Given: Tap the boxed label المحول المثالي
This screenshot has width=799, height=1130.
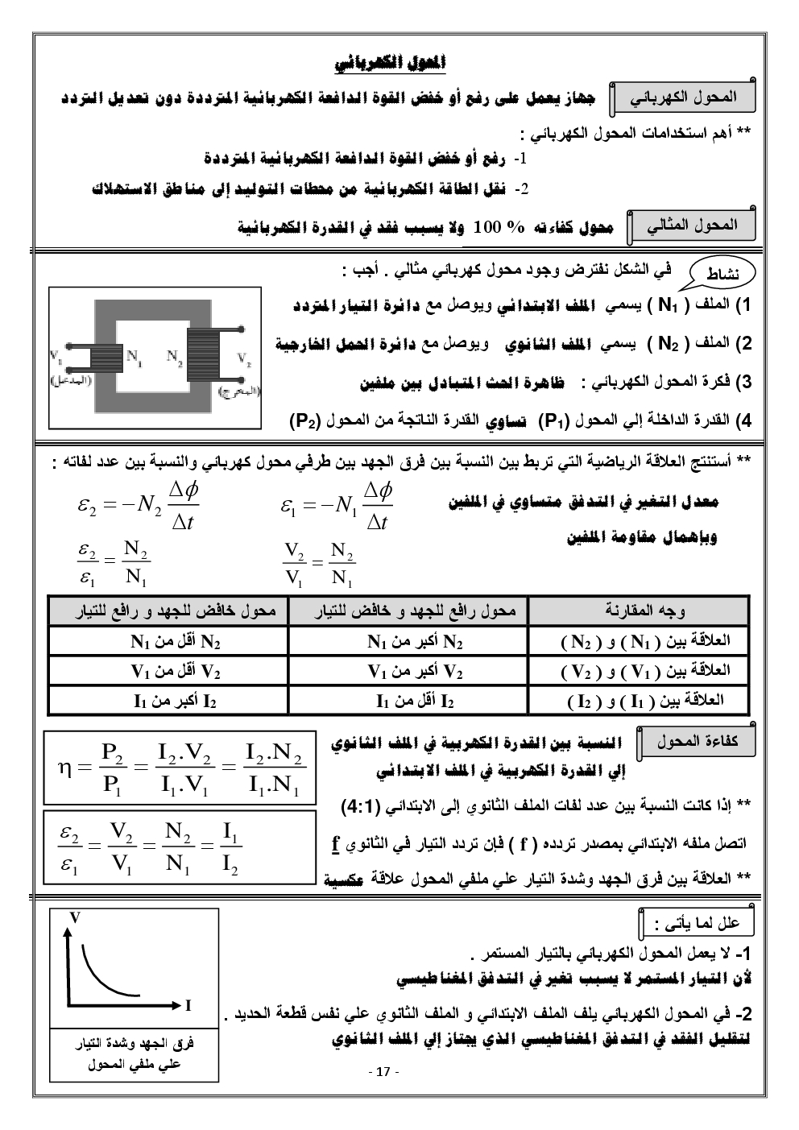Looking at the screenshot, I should [x=692, y=226].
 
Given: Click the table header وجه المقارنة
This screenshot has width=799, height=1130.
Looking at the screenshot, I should [x=639, y=611].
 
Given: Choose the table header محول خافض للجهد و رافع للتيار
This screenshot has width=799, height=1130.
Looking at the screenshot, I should [x=168, y=611].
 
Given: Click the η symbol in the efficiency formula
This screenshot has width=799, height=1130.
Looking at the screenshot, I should [x=65, y=768].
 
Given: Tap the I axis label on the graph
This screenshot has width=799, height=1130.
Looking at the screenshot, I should [x=188, y=1004].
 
